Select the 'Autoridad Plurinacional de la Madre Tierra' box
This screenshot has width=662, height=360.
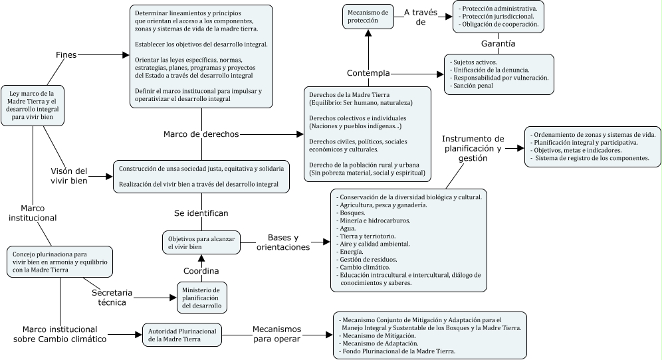pos(181,334)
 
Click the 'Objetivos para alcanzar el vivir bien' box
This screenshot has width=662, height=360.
pos(201,242)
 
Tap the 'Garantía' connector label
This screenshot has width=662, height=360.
pos(500,44)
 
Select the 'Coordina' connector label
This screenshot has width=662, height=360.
pos(201,270)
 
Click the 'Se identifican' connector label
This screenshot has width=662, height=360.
pos(201,213)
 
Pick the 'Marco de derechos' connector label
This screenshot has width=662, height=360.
pos(201,134)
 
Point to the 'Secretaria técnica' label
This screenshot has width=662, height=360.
pos(112,297)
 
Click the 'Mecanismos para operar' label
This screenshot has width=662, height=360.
pos(276,334)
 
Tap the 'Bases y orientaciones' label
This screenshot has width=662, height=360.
pos(284,242)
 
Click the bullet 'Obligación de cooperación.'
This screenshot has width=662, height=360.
pos(499,25)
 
